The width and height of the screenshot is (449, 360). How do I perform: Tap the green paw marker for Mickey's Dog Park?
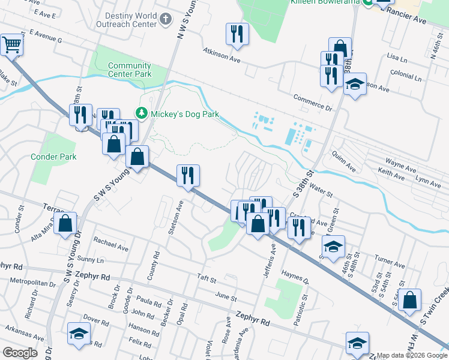coord(142,113)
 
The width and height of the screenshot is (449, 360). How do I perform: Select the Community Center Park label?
coord(130,70)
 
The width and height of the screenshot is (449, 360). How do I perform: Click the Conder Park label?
coord(54,157)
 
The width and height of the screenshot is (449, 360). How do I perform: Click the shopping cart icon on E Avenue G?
coord(11,44)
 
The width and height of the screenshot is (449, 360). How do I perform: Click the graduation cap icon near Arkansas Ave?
coord(78,334)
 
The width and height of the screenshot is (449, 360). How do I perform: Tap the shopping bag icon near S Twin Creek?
coord(409,301)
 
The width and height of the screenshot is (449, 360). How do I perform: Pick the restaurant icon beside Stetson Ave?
coord(188,176)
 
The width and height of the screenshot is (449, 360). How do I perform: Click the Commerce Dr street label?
coord(313,102)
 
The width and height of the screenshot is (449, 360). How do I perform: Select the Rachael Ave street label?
coord(111,247)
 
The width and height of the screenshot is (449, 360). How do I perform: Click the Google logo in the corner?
coord(20,353)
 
